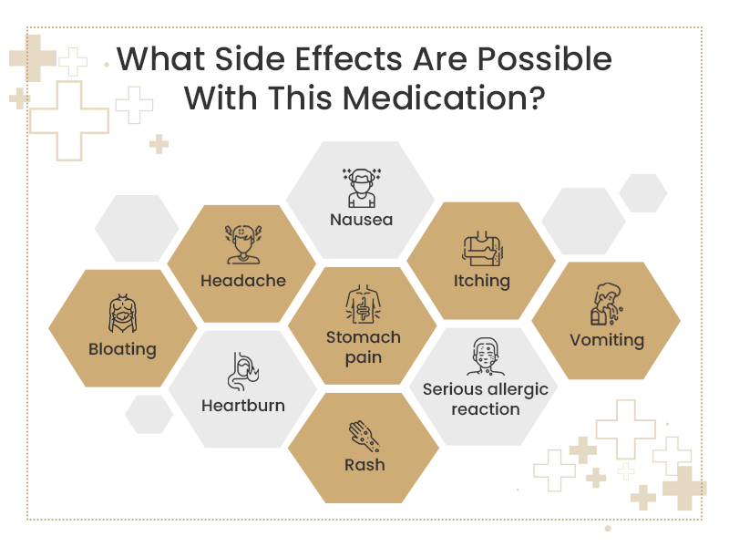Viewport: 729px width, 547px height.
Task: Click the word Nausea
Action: (x=361, y=220)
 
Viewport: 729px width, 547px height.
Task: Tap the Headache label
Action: (x=243, y=281)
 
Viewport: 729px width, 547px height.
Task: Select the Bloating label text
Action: (x=122, y=349)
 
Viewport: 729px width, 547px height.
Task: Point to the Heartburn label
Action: (x=243, y=406)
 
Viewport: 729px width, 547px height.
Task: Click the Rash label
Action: (x=364, y=465)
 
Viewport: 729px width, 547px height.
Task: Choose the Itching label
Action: (x=482, y=281)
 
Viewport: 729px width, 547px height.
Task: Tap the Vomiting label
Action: (x=607, y=340)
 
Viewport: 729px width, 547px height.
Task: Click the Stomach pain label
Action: (x=363, y=347)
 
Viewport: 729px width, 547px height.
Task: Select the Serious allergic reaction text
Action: (x=486, y=399)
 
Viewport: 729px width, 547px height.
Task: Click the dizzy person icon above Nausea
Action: (x=362, y=188)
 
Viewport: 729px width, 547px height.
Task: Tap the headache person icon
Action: (x=243, y=244)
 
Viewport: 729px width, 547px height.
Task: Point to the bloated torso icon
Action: (x=122, y=313)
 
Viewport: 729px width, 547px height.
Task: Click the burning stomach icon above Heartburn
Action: (x=243, y=371)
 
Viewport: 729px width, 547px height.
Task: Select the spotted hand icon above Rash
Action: (x=364, y=437)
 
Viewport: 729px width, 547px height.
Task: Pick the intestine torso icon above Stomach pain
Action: (x=363, y=304)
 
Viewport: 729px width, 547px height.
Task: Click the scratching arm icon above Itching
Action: (x=482, y=248)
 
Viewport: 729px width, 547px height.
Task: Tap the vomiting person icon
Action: (x=607, y=304)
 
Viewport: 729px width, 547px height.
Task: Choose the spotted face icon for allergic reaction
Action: (x=486, y=356)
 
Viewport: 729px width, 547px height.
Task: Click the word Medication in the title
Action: (x=444, y=98)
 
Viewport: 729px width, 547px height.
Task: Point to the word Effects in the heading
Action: (x=350, y=59)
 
